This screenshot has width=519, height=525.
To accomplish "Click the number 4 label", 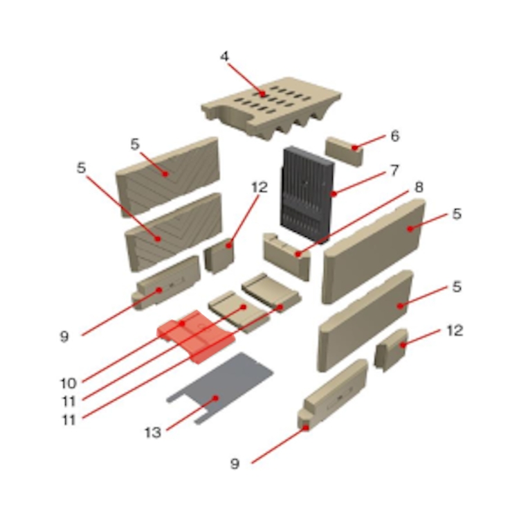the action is pyautogui.click(x=224, y=56).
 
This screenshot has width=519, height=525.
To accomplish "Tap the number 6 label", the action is pyautogui.click(x=395, y=136).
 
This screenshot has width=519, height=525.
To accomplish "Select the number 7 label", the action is pyautogui.click(x=395, y=170).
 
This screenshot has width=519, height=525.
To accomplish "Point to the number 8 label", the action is pyautogui.click(x=419, y=187).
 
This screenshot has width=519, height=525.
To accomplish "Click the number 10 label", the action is pyautogui.click(x=69, y=383).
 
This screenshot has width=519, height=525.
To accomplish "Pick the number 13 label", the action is pyautogui.click(x=153, y=433).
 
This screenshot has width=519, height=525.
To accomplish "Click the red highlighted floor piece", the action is pyautogui.click(x=196, y=336).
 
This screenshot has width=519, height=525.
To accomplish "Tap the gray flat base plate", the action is pyautogui.click(x=220, y=389).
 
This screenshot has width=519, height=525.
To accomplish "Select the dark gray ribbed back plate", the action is pyautogui.click(x=307, y=195).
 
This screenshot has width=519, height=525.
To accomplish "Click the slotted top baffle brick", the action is pyautogui.click(x=271, y=108).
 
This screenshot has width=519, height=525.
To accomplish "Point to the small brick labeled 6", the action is pyautogui.click(x=344, y=152).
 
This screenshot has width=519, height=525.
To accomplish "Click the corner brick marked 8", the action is pyautogui.click(x=286, y=256).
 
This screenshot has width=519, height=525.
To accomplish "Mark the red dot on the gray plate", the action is pyautogui.click(x=216, y=398).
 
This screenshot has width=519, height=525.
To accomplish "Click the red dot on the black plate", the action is pyautogui.click(x=333, y=194).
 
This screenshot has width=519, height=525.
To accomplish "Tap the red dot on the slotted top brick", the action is pyautogui.click(x=263, y=94).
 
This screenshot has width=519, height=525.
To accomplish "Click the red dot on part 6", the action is pyautogui.click(x=354, y=148).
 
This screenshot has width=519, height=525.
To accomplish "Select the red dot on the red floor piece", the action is pyautogui.click(x=182, y=323).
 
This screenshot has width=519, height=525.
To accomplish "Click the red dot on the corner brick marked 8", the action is pyautogui.click(x=298, y=254).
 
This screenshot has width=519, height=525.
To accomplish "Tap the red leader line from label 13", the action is pyautogui.click(x=191, y=414).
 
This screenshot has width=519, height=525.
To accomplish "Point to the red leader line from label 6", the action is pyautogui.click(x=370, y=141).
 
